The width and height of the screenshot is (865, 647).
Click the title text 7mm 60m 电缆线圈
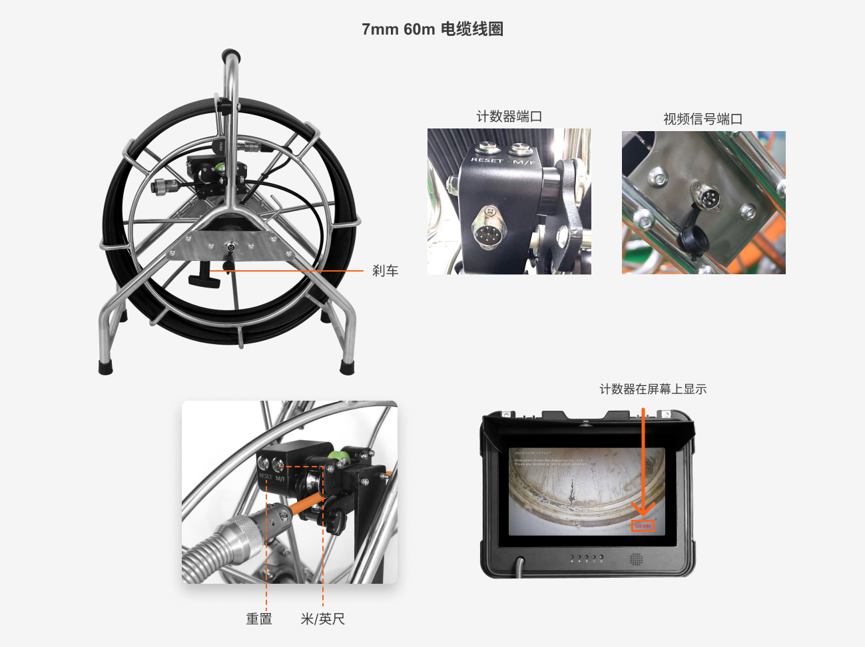click(x=432, y=29)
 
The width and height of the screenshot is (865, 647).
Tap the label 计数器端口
click(x=509, y=116)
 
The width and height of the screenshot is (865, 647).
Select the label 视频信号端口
click(x=703, y=119)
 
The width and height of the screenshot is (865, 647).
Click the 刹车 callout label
click(x=385, y=271)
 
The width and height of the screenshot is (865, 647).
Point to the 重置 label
click(x=259, y=619)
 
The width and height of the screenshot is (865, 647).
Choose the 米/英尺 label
click(x=323, y=619)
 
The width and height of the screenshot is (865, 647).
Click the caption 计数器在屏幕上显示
click(x=653, y=389)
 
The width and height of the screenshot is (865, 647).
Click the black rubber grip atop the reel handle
click(x=231, y=53)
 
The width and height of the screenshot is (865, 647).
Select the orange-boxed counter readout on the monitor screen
click(x=643, y=527)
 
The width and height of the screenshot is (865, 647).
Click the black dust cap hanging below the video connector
click(x=690, y=238)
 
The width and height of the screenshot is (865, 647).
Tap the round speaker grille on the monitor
click(x=637, y=558)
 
